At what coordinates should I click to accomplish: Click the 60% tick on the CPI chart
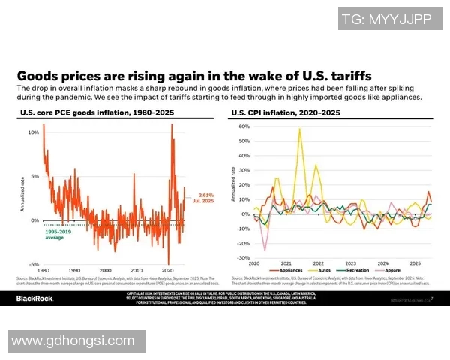(243, 127)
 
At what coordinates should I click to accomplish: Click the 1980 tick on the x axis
(43, 270)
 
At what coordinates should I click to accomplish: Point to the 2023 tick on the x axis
(351, 263)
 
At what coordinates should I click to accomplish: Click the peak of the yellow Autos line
(300, 129)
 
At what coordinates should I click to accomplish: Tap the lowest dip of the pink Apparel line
(264, 250)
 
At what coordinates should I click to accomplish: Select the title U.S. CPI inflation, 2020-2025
(286, 112)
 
